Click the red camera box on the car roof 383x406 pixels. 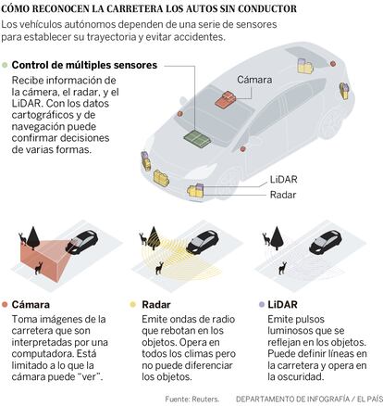click(x=226, y=99)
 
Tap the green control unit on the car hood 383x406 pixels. click(x=197, y=139)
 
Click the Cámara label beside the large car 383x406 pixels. click(x=254, y=80)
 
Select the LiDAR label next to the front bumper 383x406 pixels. click(x=283, y=180)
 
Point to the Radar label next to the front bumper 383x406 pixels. click(x=283, y=195)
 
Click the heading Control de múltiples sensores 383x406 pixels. click(x=84, y=65)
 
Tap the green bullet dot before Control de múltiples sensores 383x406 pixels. click(x=5, y=65)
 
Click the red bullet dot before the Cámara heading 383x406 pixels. click(x=5, y=305)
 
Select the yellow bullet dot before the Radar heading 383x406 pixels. click(x=133, y=305)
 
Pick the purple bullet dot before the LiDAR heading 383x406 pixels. click(x=262, y=305)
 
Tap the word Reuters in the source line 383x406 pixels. click(x=205, y=399)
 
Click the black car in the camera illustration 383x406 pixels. click(x=81, y=241)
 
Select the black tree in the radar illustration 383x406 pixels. click(x=154, y=238)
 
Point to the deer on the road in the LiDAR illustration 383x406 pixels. click(x=282, y=268)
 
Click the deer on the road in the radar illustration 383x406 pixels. click(x=159, y=268)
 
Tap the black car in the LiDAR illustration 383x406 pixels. click(x=326, y=241)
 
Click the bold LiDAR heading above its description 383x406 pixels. click(x=282, y=305)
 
